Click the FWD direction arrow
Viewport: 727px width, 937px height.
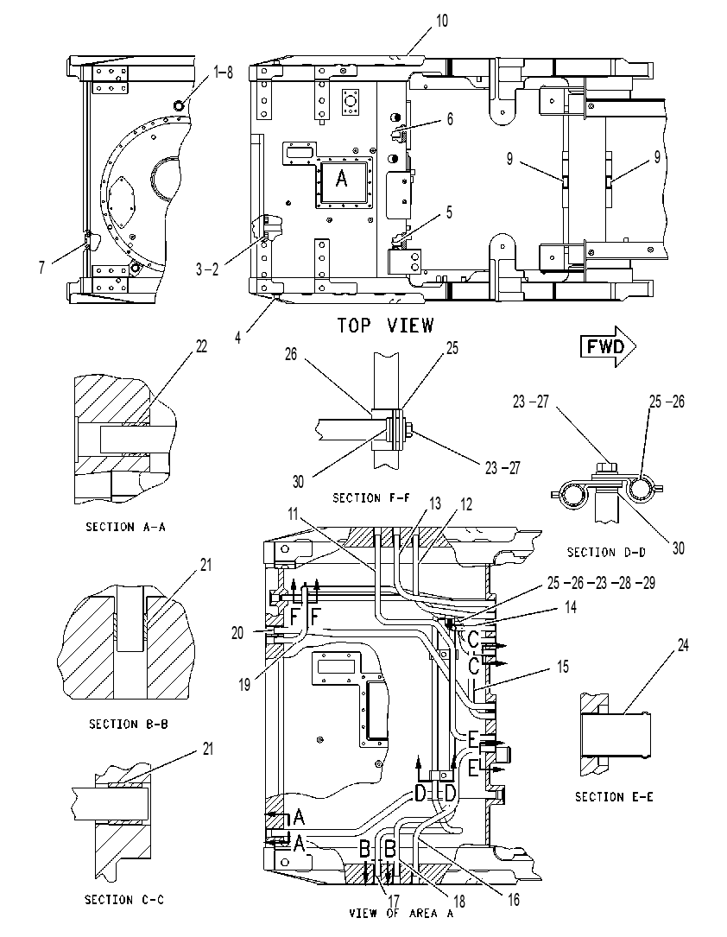[x=608, y=346]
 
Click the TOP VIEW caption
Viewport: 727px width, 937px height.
[x=385, y=326]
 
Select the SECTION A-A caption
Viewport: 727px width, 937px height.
[x=125, y=527]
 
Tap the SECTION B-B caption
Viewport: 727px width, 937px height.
[x=129, y=724]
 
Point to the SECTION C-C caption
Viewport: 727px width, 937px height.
[x=124, y=899]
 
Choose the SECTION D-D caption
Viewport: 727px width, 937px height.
[x=606, y=552]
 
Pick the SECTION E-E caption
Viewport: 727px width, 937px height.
[x=614, y=796]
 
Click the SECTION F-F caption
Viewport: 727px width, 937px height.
[x=372, y=497]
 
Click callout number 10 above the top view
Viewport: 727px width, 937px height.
[x=441, y=21]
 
